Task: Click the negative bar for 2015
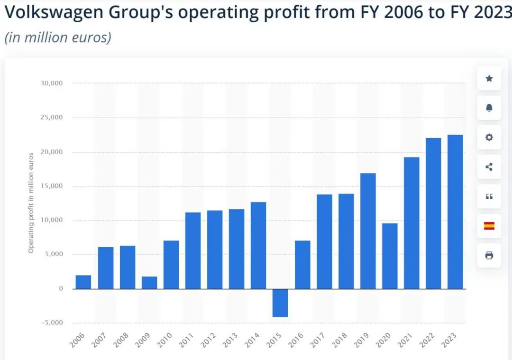click(280, 303)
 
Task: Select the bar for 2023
click(455, 212)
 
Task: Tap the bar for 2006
click(83, 282)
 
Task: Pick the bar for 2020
click(390, 256)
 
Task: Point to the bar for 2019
click(368, 231)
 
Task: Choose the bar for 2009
click(149, 282)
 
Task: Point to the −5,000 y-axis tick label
click(53, 323)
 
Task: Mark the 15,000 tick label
click(53, 186)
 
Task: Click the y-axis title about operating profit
click(31, 203)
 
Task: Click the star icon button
click(489, 79)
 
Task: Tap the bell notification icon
click(489, 108)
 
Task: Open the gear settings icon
click(489, 138)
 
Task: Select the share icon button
click(489, 167)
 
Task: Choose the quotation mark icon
click(489, 196)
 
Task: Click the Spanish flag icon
click(489, 226)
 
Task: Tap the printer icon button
click(489, 256)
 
